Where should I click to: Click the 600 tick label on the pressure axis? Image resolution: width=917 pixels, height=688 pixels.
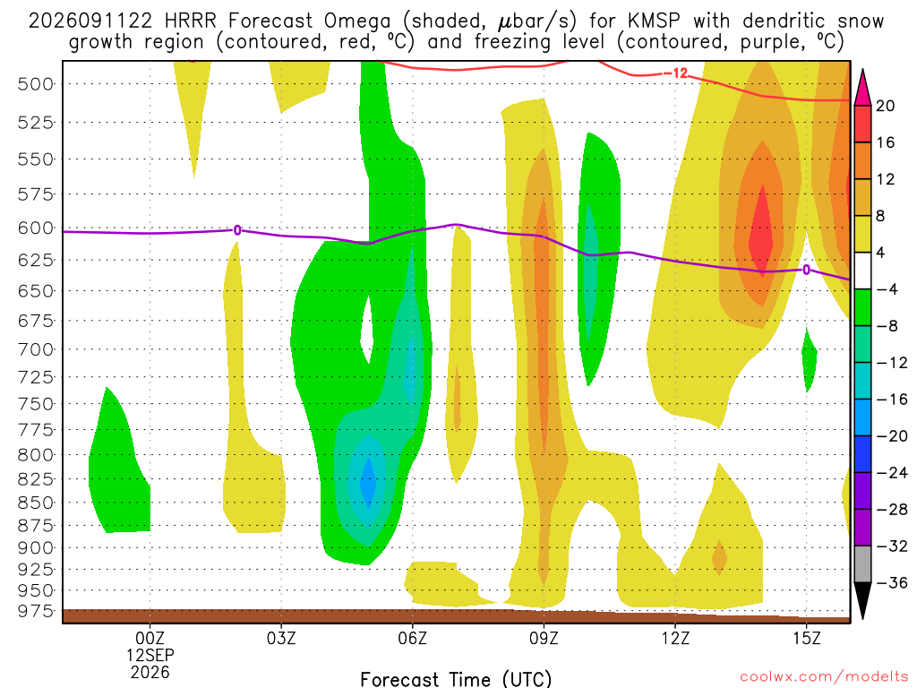(x=35, y=228)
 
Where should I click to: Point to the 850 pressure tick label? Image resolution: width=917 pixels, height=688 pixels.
(x=35, y=503)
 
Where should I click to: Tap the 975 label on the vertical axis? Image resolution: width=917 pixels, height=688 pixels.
(x=35, y=611)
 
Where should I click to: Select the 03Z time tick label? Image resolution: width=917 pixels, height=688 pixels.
(x=281, y=638)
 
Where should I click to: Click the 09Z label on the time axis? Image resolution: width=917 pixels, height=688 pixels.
(x=544, y=638)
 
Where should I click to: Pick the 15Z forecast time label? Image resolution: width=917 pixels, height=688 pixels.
(x=807, y=638)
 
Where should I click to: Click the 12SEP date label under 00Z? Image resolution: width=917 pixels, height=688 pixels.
(x=150, y=655)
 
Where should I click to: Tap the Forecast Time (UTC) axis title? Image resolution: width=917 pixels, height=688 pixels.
(x=456, y=679)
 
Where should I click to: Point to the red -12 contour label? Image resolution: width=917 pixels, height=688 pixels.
(x=676, y=73)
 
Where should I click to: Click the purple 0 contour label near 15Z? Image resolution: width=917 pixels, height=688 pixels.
(x=807, y=270)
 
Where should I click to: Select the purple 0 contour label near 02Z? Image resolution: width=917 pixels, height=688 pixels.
(x=236, y=230)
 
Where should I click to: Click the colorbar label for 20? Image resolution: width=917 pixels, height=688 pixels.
(x=886, y=106)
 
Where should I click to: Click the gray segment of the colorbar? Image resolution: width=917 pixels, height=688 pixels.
(x=862, y=564)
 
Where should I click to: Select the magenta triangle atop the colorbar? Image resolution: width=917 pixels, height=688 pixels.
(x=862, y=89)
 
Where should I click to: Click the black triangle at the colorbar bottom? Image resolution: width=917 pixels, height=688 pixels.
(x=862, y=600)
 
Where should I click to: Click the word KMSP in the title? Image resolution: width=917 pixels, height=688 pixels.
(x=654, y=21)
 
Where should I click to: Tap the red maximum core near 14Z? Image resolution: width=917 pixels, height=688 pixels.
(x=761, y=229)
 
